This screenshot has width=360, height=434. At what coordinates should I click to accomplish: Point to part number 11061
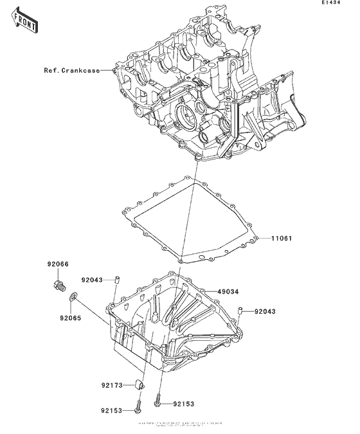click(x=280, y=239)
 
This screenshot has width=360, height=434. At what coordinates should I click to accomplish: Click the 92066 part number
click(x=57, y=264)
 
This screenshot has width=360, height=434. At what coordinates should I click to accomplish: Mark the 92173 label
click(x=112, y=386)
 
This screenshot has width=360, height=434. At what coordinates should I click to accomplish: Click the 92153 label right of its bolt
click(x=183, y=404)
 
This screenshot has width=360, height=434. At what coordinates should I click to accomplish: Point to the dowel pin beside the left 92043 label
click(x=118, y=278)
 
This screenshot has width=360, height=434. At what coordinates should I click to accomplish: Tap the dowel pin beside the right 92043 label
click(x=239, y=312)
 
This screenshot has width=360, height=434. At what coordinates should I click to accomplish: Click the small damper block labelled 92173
click(x=138, y=385)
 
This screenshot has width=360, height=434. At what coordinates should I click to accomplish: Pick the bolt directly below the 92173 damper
click(x=138, y=406)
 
